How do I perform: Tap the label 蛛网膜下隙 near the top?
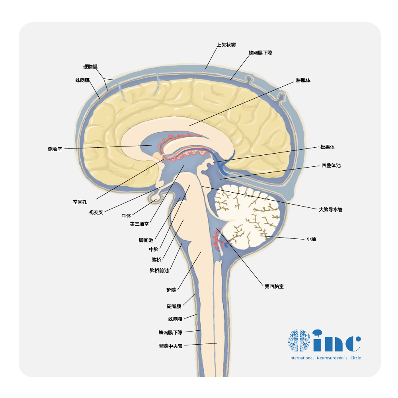[x=260, y=53]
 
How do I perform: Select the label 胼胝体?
[x=303, y=80]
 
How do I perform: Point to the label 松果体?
[x=327, y=147]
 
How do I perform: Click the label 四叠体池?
[x=331, y=166]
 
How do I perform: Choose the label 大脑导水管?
[x=330, y=209]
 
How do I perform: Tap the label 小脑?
[x=311, y=239]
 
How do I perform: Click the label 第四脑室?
[x=274, y=286]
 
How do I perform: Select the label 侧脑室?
[x=55, y=149]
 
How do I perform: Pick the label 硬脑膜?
[x=90, y=67]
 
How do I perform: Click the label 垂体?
[x=126, y=216]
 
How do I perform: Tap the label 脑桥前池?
[x=159, y=271]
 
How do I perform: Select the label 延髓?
[x=171, y=290]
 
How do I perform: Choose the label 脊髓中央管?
[x=170, y=346]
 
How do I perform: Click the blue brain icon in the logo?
[x=299, y=340]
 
